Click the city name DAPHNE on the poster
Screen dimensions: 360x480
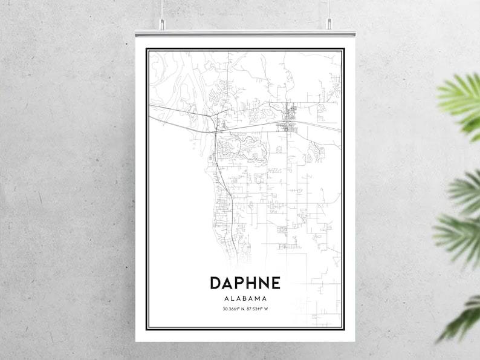pos(245,283)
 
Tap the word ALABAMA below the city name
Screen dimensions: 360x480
pos(245,298)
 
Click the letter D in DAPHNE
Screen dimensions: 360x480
pos(216,283)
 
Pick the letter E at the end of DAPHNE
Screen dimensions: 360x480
pos(275,283)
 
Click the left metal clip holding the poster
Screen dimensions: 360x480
pos(161,24)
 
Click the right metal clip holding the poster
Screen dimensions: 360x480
pos(329,24)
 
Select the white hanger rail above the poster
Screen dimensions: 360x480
pos(245,33)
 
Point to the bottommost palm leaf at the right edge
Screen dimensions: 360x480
pos(462,318)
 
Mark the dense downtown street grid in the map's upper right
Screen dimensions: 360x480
pos(288,118)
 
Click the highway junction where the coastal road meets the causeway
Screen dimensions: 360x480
pos(215,129)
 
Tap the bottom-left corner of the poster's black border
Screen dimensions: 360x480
pos(147,329)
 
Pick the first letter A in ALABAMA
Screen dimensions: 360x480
pos(225,298)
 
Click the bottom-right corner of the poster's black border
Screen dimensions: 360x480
pos(343,329)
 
